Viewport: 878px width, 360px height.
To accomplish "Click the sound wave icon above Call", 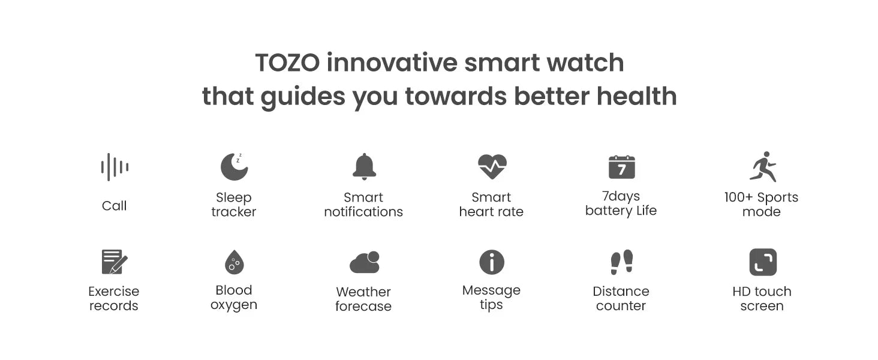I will [x=115, y=167].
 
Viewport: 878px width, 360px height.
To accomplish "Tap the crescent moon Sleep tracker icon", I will [x=234, y=167].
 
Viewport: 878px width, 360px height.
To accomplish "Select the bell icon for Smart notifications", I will [x=364, y=167].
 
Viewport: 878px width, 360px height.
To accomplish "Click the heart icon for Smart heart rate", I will [x=492, y=167].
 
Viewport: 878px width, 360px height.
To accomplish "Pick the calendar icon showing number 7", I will [x=621, y=167].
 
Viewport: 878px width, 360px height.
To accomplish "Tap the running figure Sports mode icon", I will [x=763, y=166].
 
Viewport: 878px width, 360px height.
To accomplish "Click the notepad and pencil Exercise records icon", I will [x=114, y=262].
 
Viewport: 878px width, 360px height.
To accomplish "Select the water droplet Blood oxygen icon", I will [x=234, y=262].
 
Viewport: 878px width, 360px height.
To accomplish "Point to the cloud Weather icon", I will [x=365, y=262].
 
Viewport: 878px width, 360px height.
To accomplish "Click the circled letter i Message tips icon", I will [x=492, y=262].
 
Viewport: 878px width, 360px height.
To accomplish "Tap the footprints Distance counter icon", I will [x=621, y=262].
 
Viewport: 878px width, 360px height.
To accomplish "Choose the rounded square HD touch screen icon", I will [x=763, y=262].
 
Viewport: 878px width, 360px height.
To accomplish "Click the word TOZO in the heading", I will [x=287, y=63].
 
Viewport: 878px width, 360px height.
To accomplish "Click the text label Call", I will [x=114, y=206].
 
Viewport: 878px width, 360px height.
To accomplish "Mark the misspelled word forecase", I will [x=363, y=307].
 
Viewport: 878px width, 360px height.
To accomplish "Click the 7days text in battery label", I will [x=621, y=196].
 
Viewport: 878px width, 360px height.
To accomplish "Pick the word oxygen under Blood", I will [x=234, y=305].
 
